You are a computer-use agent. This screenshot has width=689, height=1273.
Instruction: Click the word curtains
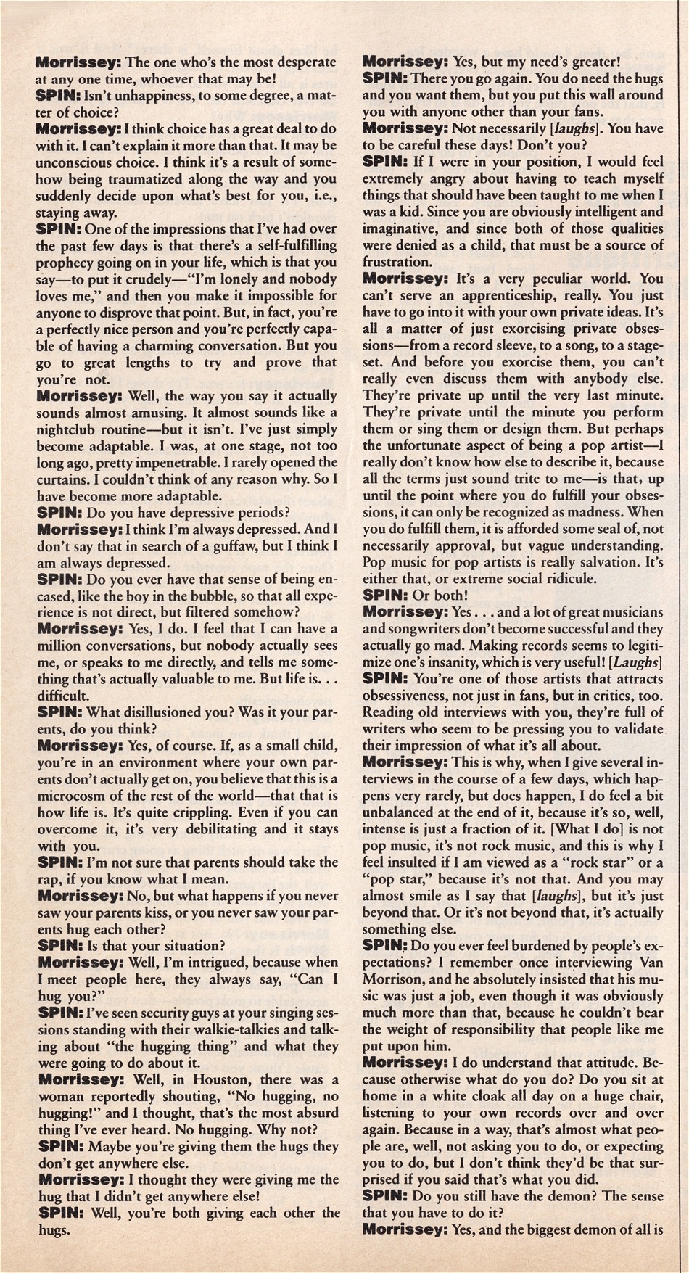click(x=64, y=479)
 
